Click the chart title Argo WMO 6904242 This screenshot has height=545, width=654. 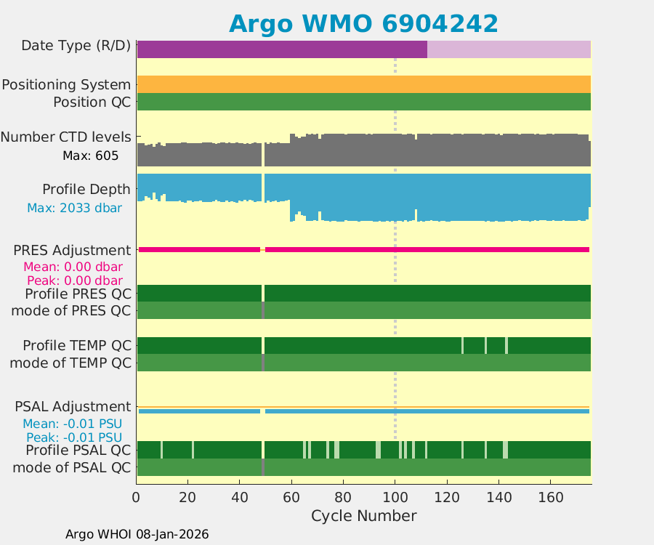[x=363, y=23]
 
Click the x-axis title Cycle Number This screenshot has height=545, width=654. [x=363, y=516]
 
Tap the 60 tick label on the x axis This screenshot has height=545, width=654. [x=291, y=498]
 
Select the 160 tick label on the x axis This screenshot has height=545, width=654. [x=550, y=498]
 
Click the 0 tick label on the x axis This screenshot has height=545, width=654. [x=137, y=498]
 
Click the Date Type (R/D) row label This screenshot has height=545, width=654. [x=76, y=46]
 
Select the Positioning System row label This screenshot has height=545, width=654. [x=66, y=85]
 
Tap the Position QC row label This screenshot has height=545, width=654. [x=92, y=102]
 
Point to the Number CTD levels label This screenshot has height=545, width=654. [x=66, y=137]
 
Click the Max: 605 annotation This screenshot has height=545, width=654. [x=90, y=155]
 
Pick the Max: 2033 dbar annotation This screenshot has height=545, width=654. [x=74, y=208]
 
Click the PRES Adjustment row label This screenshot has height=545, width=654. [x=72, y=251]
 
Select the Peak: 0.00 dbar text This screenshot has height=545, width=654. [x=74, y=280]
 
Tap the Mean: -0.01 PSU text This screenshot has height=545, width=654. [x=72, y=424]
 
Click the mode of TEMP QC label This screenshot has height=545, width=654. [x=70, y=362]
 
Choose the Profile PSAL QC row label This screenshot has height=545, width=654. [x=77, y=451]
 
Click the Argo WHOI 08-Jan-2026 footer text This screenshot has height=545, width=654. [x=137, y=534]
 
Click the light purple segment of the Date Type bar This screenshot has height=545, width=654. [x=509, y=49]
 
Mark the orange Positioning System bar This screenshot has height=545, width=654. [x=363, y=84]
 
